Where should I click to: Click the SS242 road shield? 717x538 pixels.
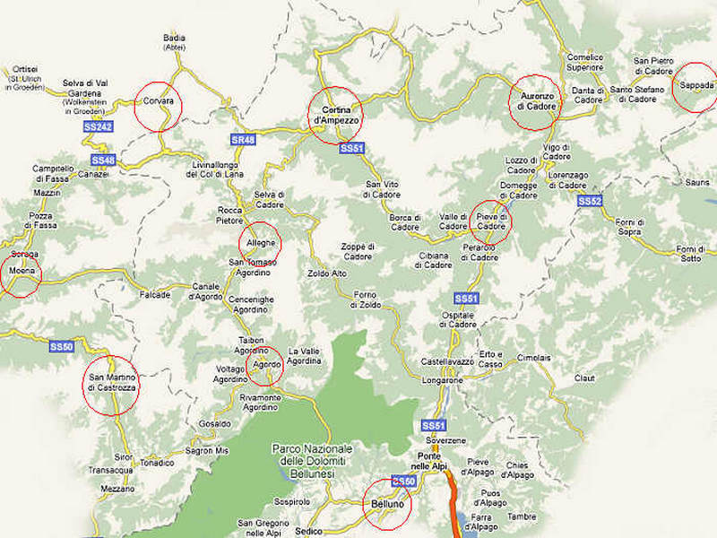pyautogui.click(x=98, y=127)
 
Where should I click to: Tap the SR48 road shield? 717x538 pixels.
pyautogui.click(x=243, y=140)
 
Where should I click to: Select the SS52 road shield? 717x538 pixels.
pyautogui.click(x=589, y=202)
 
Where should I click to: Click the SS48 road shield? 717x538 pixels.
pyautogui.click(x=103, y=160)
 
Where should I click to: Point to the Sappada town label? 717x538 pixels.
pyautogui.click(x=696, y=86)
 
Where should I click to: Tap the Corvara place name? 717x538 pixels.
pyautogui.click(x=158, y=101)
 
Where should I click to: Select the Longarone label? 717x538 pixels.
pyautogui.click(x=442, y=380)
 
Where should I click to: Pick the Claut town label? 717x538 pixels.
pyautogui.click(x=584, y=378)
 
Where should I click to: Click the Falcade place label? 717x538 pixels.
pyautogui.click(x=154, y=294)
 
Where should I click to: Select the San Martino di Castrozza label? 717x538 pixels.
pyautogui.click(x=112, y=381)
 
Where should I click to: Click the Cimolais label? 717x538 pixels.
pyautogui.click(x=533, y=358)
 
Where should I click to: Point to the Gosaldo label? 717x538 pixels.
pyautogui.click(x=215, y=423)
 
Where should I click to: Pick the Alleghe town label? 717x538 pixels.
pyautogui.click(x=259, y=241)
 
